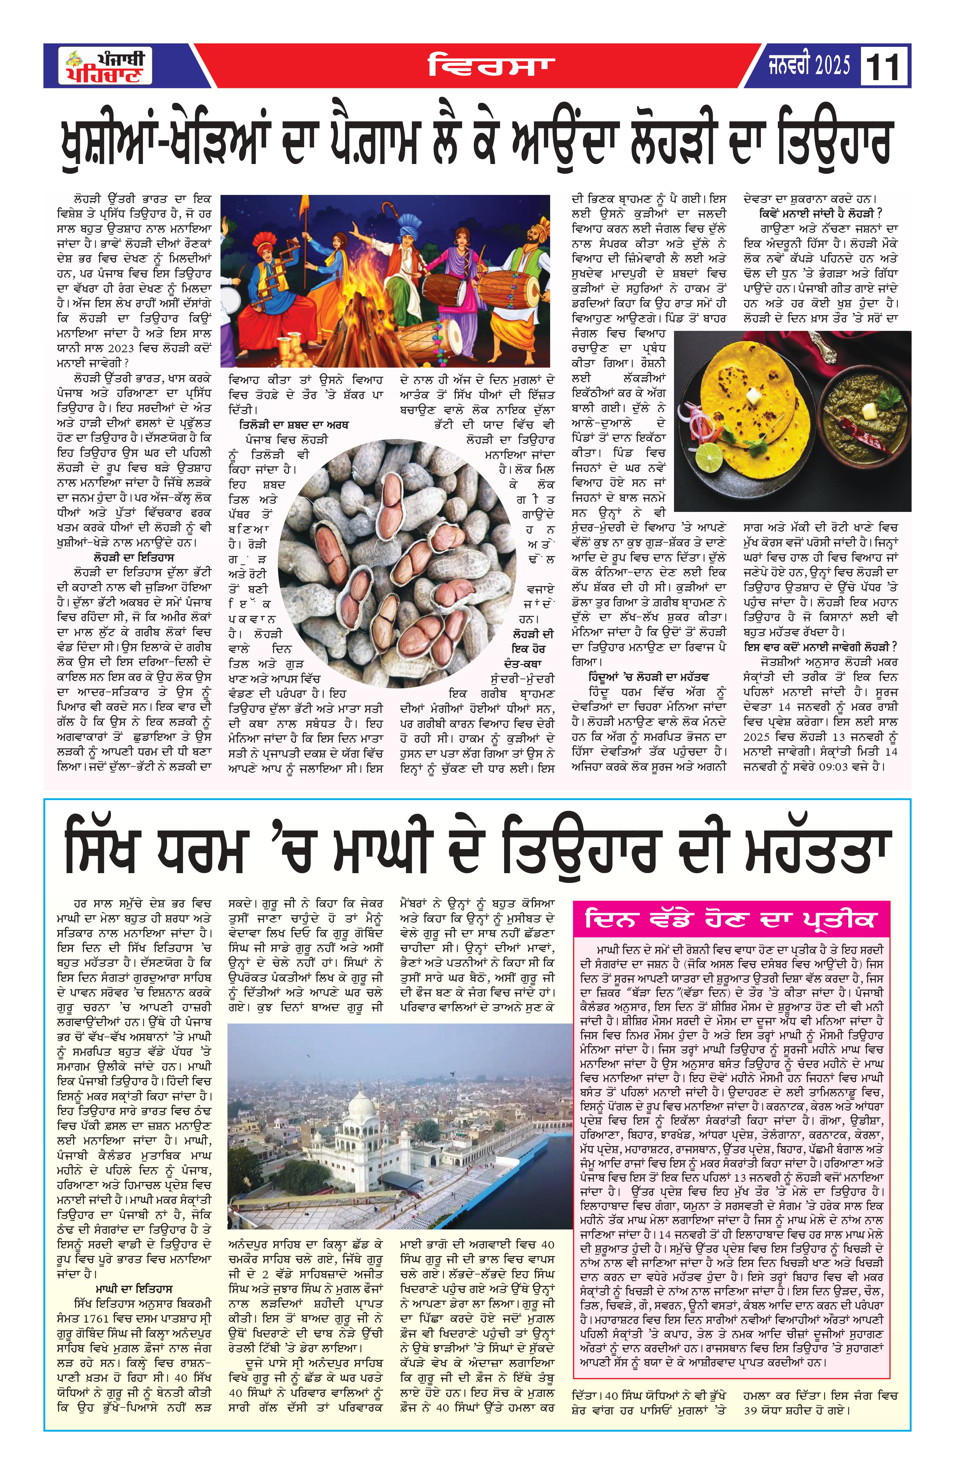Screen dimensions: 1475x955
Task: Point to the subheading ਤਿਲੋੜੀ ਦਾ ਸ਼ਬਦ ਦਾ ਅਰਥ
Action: coord(294,425)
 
